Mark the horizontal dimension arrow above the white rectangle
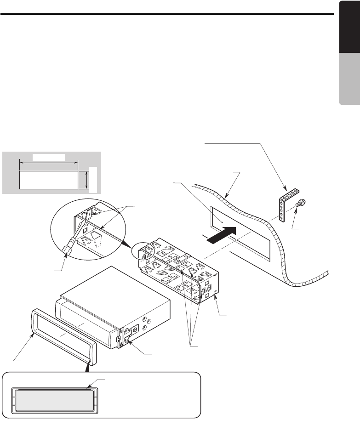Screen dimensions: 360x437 click(x=49, y=161)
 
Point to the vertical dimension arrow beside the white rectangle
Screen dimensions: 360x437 click(x=86, y=180)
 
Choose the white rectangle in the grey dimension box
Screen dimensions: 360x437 click(x=48, y=180)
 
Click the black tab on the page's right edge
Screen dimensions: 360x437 click(x=349, y=41)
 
